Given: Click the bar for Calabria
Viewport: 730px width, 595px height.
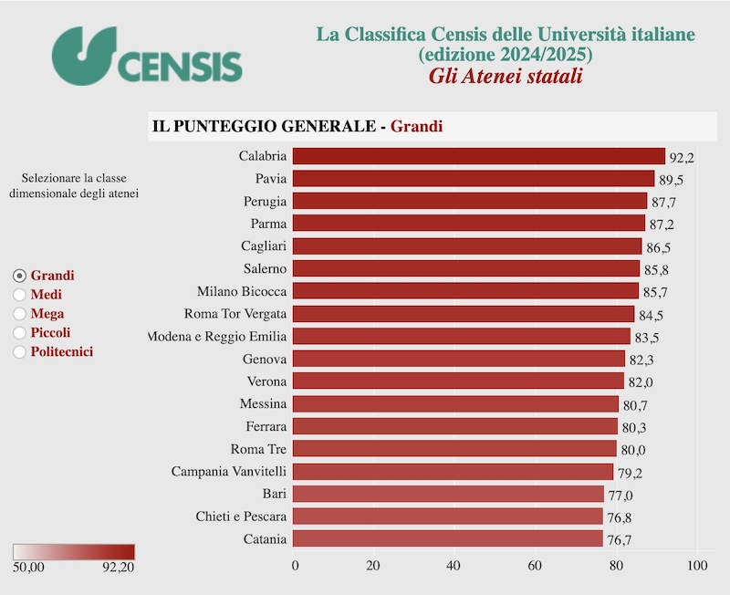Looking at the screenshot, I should [x=479, y=156].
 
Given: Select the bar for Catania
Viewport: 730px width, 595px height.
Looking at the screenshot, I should [x=448, y=539].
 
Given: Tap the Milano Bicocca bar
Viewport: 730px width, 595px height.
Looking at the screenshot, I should [x=465, y=291].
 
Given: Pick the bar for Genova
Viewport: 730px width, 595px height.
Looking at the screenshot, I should [x=459, y=359].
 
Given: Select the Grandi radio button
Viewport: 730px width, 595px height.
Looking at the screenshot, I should [x=20, y=276].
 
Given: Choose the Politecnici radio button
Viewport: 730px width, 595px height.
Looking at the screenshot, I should [x=20, y=351].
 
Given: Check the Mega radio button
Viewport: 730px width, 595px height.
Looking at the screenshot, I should [x=20, y=314].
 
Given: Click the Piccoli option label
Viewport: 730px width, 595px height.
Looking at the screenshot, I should [x=50, y=332].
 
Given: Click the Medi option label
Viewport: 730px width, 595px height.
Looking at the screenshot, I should [x=47, y=295].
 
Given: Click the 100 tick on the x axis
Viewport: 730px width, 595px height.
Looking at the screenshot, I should [x=697, y=565].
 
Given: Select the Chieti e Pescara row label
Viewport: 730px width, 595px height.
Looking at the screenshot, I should [x=241, y=517].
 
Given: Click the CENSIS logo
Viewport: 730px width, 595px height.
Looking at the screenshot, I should [x=147, y=55].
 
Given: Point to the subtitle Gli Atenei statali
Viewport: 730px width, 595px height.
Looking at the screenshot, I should [x=506, y=76].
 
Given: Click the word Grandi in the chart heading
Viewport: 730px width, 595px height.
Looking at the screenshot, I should [x=416, y=126].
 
